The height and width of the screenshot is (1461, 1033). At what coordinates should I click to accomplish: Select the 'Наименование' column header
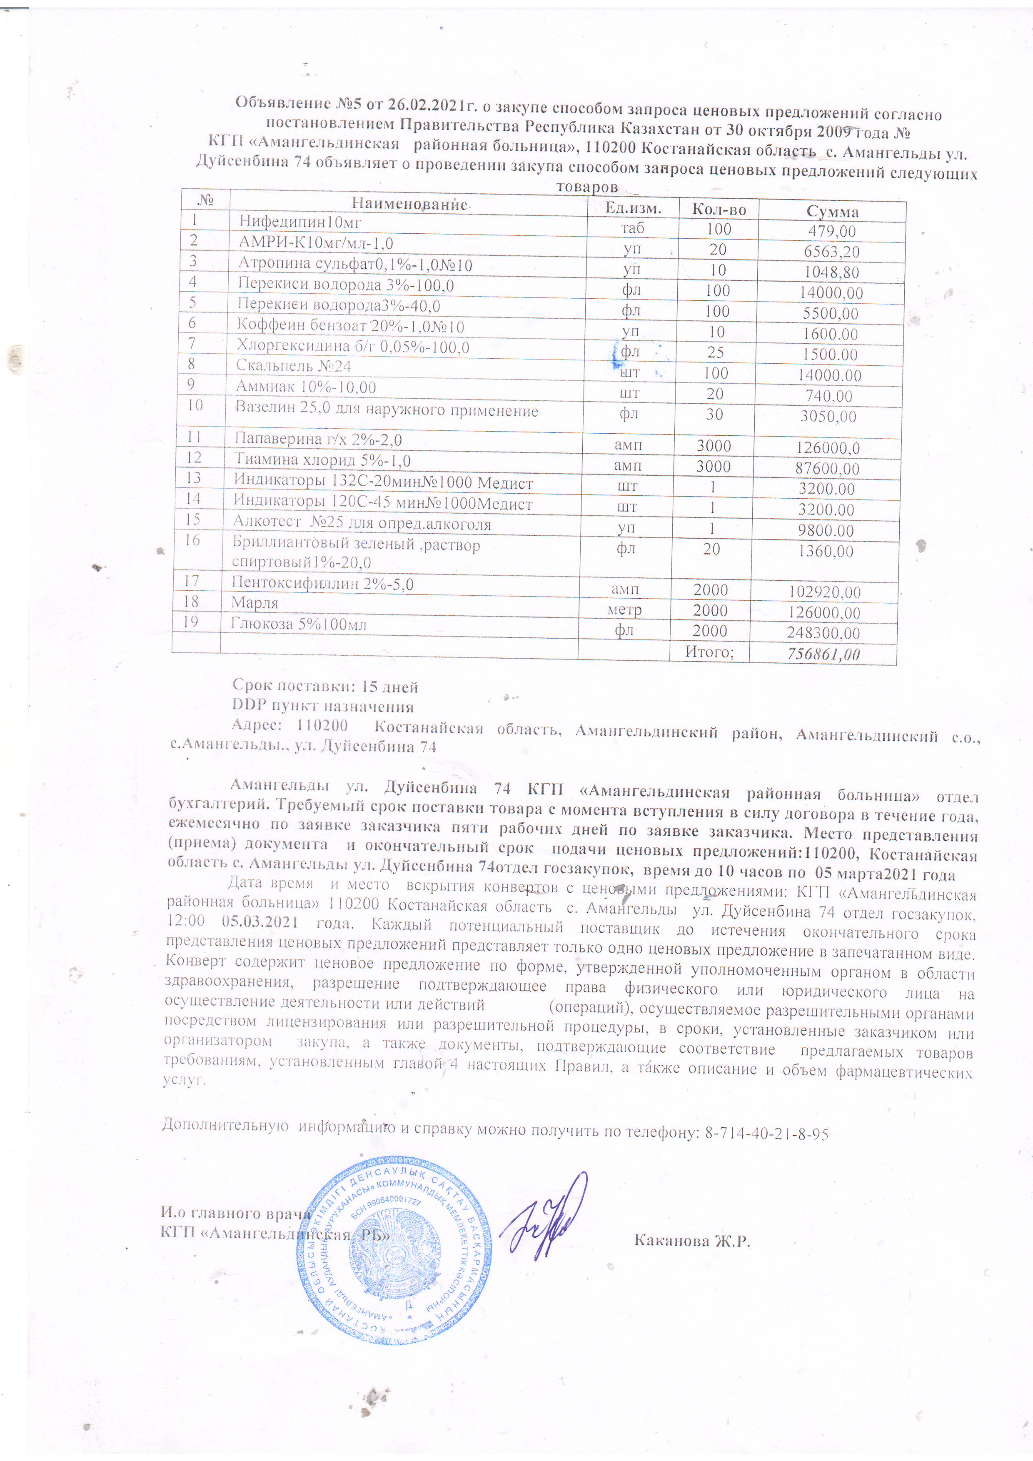(409, 204)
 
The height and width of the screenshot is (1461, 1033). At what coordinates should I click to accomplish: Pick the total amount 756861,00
(824, 654)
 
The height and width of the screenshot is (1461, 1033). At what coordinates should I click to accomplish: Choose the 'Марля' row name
(255, 602)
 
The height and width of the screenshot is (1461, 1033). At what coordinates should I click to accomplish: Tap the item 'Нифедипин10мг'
(300, 222)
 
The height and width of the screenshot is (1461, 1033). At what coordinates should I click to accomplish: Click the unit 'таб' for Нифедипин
(632, 228)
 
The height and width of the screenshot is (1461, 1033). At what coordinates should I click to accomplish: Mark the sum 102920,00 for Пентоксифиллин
(824, 592)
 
